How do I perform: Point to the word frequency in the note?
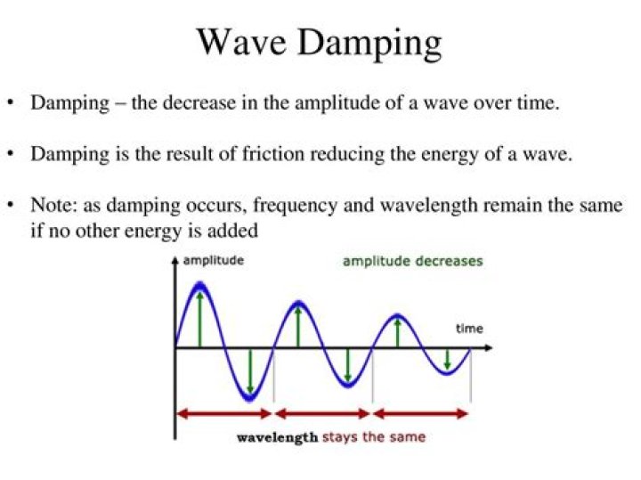pyautogui.click(x=290, y=206)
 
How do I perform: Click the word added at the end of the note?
pyautogui.click(x=235, y=231)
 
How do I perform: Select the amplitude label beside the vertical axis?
pyautogui.click(x=213, y=261)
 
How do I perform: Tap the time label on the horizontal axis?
pyautogui.click(x=469, y=329)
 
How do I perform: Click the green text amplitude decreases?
pyautogui.click(x=412, y=261)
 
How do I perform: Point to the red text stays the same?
pyautogui.click(x=373, y=437)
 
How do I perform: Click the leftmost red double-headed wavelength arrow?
pyautogui.click(x=223, y=413)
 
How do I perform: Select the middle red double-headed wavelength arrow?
pyautogui.click(x=322, y=413)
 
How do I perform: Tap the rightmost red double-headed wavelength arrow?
pyautogui.click(x=420, y=413)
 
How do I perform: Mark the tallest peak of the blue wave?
pyautogui.click(x=199, y=285)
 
